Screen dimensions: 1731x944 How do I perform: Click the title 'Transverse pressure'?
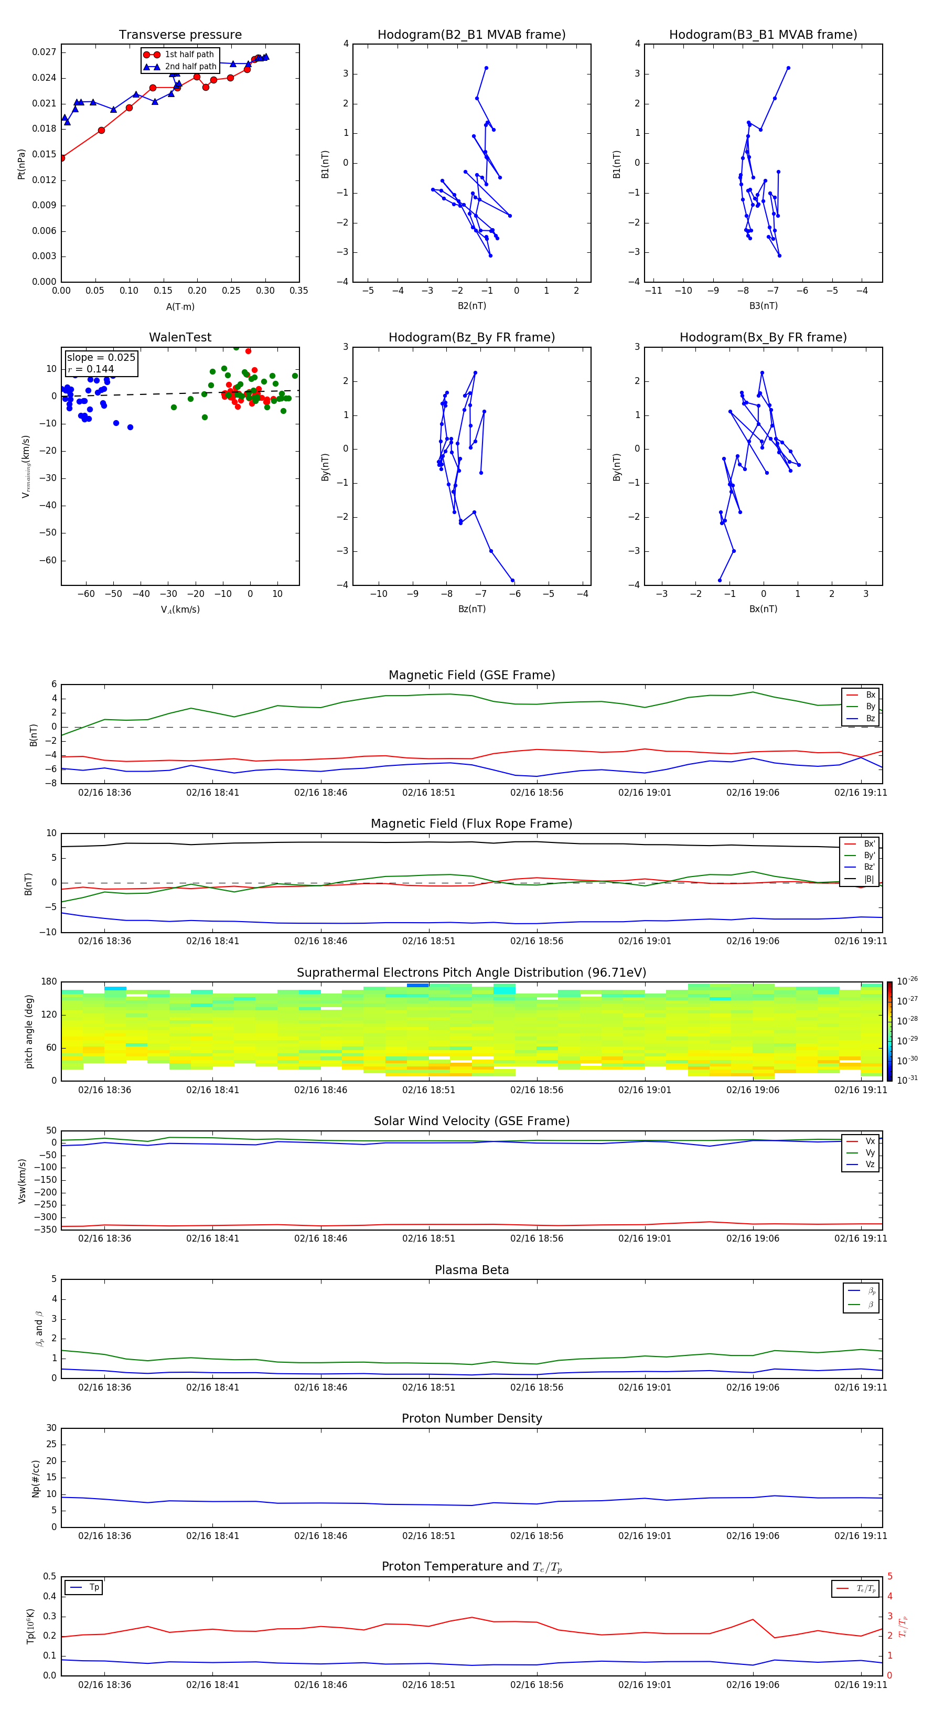point(180,35)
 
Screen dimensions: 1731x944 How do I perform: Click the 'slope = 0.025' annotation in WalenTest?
point(101,358)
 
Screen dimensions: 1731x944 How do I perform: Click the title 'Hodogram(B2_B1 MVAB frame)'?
point(471,35)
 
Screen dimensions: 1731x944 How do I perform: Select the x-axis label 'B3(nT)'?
point(763,306)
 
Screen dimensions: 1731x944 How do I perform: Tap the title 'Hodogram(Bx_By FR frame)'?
point(763,337)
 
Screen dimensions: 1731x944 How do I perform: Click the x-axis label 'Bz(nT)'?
point(471,609)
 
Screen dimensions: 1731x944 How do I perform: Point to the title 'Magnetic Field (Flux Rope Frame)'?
point(471,824)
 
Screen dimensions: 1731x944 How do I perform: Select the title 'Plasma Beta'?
point(471,1270)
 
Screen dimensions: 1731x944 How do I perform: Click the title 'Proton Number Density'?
point(471,1418)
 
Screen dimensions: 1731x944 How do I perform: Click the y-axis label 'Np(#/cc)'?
point(36,1478)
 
